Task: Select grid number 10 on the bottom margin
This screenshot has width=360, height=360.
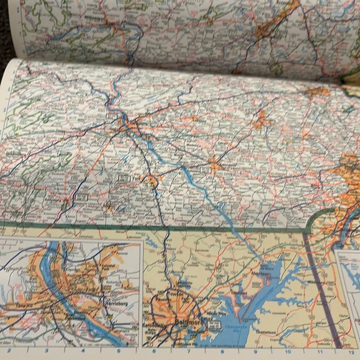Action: pyautogui.click(x=290, y=351)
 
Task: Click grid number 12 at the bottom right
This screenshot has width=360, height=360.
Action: pyautogui.click(x=353, y=350)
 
